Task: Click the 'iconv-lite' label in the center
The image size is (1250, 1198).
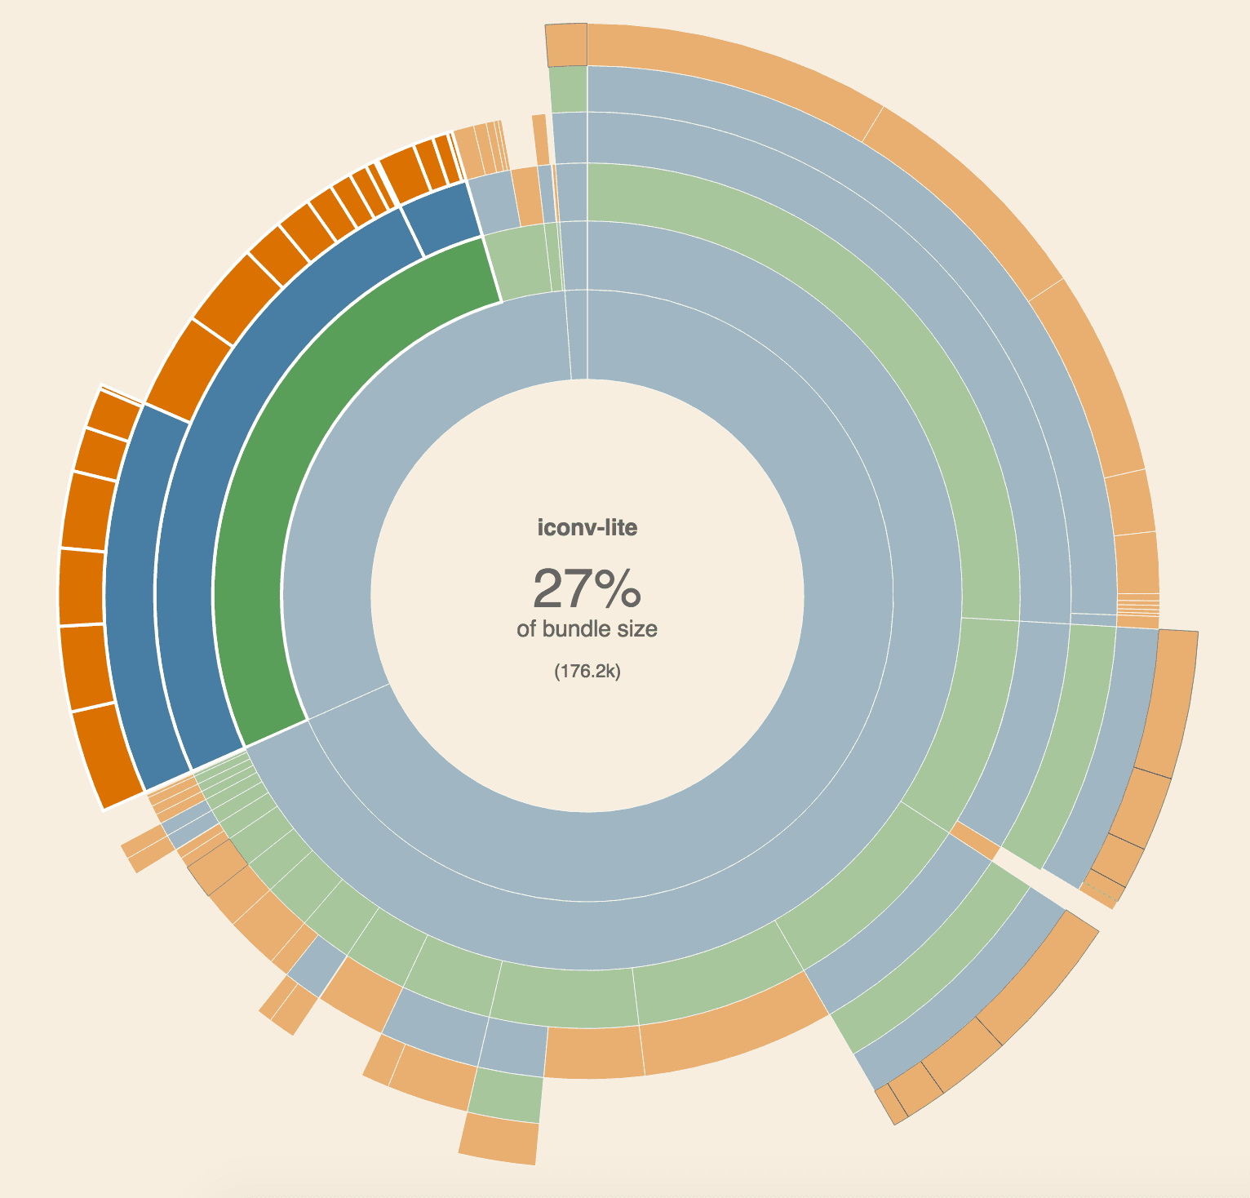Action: pyautogui.click(x=587, y=528)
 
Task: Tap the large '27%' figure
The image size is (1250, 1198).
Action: pyautogui.click(x=587, y=589)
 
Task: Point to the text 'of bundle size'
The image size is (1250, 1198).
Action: pyautogui.click(x=587, y=629)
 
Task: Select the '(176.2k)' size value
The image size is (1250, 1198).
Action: pyautogui.click(x=587, y=672)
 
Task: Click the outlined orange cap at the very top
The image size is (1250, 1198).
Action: pyautogui.click(x=566, y=45)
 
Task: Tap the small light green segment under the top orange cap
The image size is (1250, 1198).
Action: pyautogui.click(x=568, y=90)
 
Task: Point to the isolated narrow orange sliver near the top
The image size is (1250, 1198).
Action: pyautogui.click(x=540, y=140)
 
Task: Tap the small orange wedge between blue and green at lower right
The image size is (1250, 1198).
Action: pyautogui.click(x=976, y=841)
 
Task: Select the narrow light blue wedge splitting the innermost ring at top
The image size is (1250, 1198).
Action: pyautogui.click(x=578, y=335)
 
